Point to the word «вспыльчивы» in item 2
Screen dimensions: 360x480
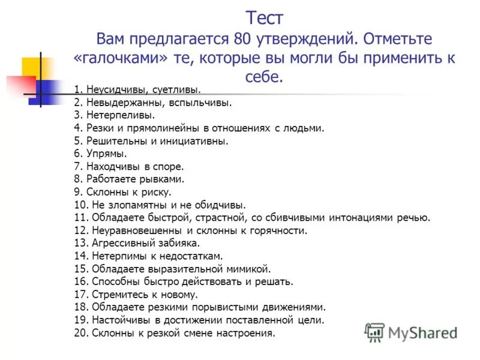click(x=202, y=102)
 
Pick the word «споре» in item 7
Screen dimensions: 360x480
click(x=169, y=166)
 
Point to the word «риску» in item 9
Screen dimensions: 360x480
click(x=157, y=192)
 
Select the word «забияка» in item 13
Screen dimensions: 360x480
click(x=179, y=243)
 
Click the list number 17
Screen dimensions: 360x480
click(x=82, y=295)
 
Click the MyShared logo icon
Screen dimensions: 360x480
click(x=374, y=332)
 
